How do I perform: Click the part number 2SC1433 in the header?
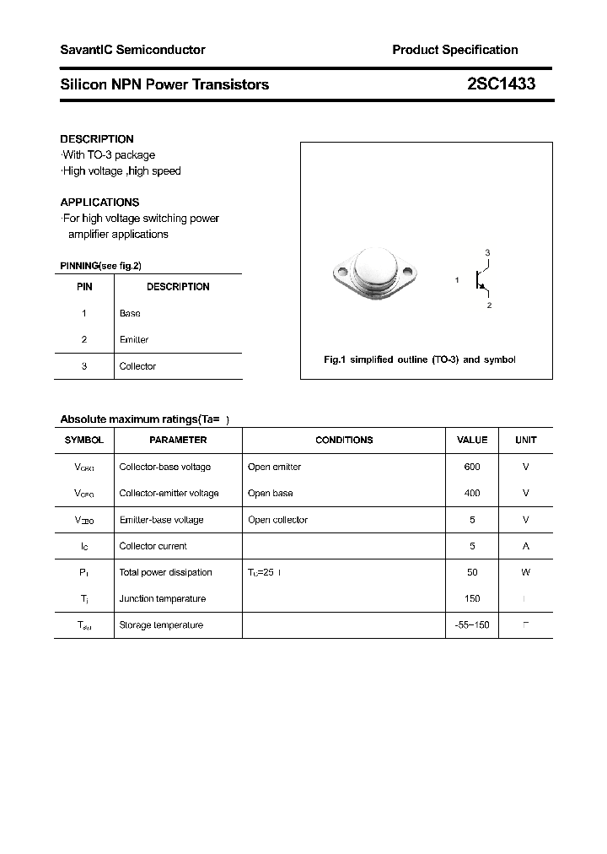coord(501,84)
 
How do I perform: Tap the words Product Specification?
coord(454,50)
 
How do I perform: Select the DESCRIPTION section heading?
coord(97,138)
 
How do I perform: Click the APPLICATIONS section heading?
coord(99,203)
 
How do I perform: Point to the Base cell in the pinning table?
coord(130,313)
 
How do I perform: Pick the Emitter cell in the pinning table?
coord(134,339)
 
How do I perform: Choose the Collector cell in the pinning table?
coord(137,366)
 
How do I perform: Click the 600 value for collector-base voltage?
coord(472,467)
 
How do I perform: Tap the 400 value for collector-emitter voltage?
coord(472,493)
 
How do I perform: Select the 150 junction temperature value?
coord(472,598)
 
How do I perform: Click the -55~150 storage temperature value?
coord(472,625)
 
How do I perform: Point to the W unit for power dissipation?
coord(525,572)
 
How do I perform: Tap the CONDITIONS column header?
coord(344,440)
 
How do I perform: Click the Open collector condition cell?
coord(277,520)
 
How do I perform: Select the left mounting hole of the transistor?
coord(341,272)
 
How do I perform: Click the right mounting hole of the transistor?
coord(410,272)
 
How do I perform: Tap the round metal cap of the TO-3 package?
coord(375,268)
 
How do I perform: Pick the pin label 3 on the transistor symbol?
coord(487,253)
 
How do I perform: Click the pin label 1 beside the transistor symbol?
coord(457,279)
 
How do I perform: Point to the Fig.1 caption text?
coord(420,359)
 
